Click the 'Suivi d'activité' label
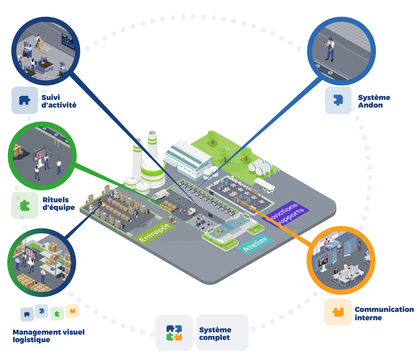point(59,101)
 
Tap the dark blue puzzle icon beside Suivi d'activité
point(25,100)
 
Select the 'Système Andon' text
point(374,101)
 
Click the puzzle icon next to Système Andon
point(338,100)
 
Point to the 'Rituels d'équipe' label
point(58,203)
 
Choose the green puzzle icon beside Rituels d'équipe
point(25,205)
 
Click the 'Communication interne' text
point(384,314)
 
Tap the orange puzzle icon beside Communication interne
point(338,312)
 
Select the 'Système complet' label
point(215,334)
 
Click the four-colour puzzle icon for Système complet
point(174,333)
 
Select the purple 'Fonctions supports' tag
point(288,213)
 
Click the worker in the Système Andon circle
point(330,49)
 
